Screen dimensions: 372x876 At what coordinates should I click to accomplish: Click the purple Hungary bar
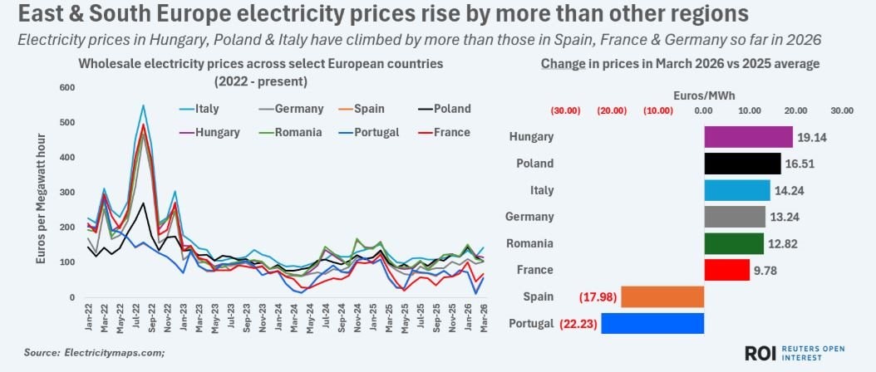748,137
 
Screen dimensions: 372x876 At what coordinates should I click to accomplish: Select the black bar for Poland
742,164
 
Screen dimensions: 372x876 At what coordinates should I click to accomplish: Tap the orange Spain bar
662,296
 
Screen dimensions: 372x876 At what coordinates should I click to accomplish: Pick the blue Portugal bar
652,323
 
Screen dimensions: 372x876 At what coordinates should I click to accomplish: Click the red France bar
726,270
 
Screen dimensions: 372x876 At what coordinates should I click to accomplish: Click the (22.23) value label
576,324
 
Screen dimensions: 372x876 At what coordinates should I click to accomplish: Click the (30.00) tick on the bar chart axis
567,110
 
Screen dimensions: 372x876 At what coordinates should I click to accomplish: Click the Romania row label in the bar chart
530,244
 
